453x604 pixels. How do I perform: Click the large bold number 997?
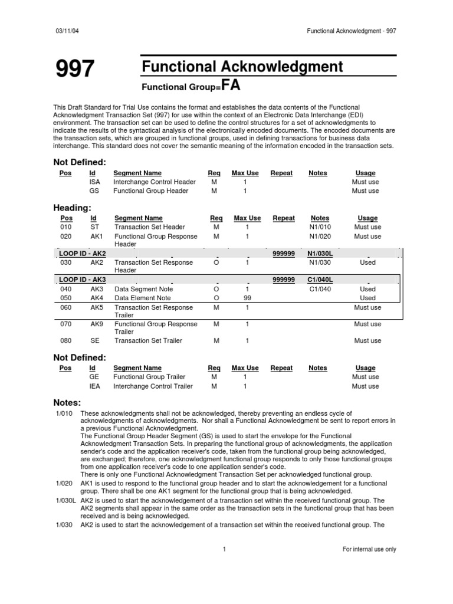coord(74,70)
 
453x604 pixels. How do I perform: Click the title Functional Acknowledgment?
coord(242,67)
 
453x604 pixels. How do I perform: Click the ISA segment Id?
coord(95,182)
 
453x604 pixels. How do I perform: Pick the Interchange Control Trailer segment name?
coord(153,386)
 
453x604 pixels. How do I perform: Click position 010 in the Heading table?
coord(66,227)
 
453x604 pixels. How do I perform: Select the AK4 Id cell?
coord(96,298)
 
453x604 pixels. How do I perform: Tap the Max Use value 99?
coord(247,298)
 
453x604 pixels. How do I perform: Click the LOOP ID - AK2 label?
coord(83,252)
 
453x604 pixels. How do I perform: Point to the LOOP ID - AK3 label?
coord(83,280)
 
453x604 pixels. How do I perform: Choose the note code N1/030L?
coord(320,252)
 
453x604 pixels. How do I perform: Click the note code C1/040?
coord(320,289)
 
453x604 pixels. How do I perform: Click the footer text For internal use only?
coord(369,549)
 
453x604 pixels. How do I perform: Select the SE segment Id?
coord(95,340)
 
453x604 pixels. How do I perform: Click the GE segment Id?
coord(94,376)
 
